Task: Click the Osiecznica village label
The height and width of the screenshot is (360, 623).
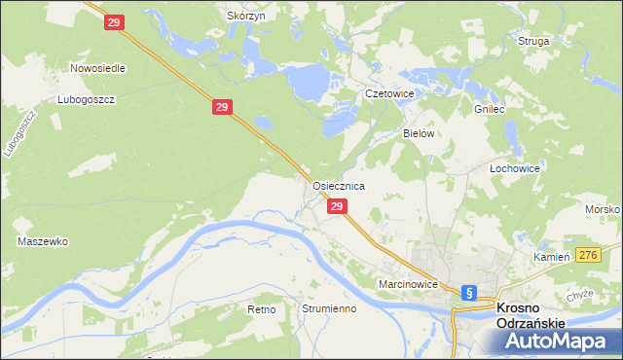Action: (x=338, y=185)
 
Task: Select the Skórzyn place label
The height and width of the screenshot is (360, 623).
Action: (x=246, y=17)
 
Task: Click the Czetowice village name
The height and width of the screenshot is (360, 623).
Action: (x=389, y=93)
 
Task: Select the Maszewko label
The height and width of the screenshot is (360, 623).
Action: (x=42, y=240)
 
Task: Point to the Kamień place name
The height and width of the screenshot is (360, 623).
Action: (x=550, y=257)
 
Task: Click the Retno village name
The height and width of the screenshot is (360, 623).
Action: (x=262, y=308)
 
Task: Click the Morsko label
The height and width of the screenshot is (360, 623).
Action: (x=604, y=210)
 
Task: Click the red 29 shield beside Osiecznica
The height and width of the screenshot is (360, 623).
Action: (x=336, y=207)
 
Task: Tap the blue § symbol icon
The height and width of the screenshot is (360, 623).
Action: (x=468, y=292)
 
